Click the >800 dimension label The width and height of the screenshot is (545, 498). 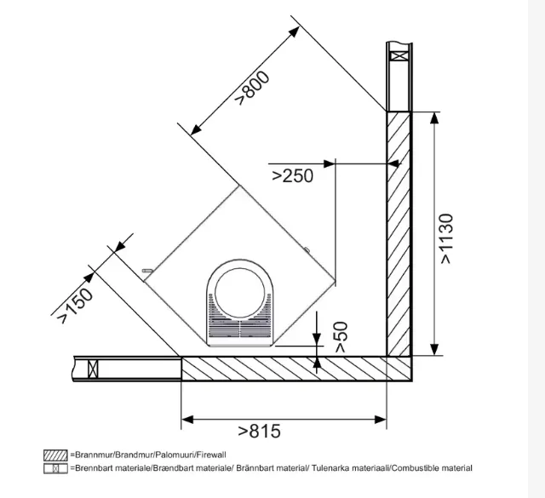tap(252, 88)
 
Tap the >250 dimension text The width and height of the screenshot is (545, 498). tap(292, 176)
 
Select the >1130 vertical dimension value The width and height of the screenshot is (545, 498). tap(446, 238)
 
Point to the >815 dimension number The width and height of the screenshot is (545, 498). tap(259, 432)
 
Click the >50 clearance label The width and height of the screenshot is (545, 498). tap(341, 337)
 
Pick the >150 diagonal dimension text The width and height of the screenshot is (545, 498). tap(76, 305)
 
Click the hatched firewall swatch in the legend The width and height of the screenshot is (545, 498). tap(55, 455)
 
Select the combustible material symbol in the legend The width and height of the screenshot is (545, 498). tap(55, 468)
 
